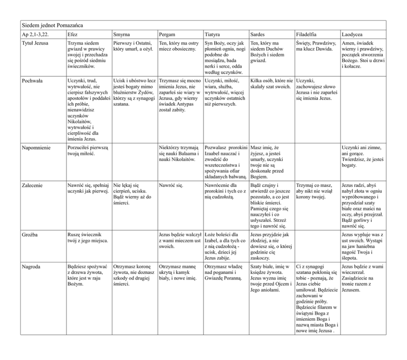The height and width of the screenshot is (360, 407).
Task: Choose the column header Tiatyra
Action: coord(213,34)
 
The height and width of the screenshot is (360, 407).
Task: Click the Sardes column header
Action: coord(258,34)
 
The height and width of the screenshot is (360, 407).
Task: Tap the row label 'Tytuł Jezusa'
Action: coord(36,43)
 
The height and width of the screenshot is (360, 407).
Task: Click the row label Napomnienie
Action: coord(36,148)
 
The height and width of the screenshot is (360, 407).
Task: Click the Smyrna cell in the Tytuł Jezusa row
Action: coord(133,46)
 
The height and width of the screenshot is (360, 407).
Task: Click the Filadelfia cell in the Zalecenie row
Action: coord(314,191)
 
